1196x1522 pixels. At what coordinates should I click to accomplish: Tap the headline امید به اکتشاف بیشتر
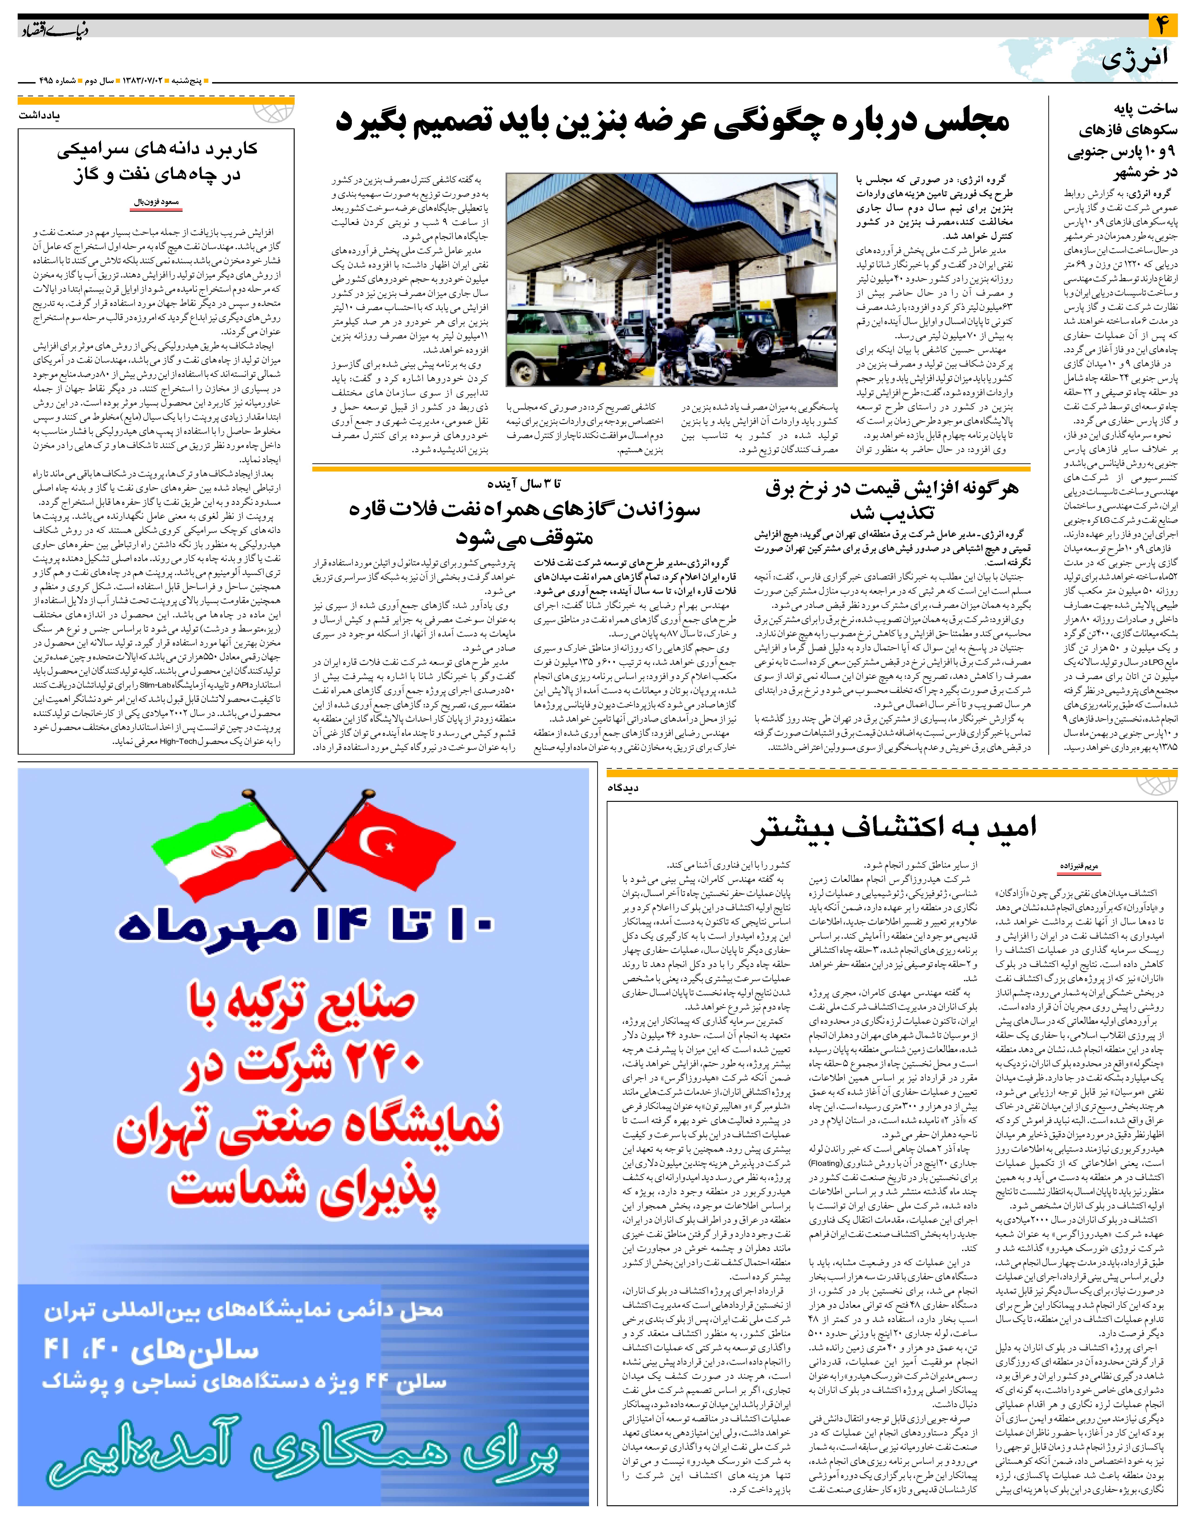pos(893,828)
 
